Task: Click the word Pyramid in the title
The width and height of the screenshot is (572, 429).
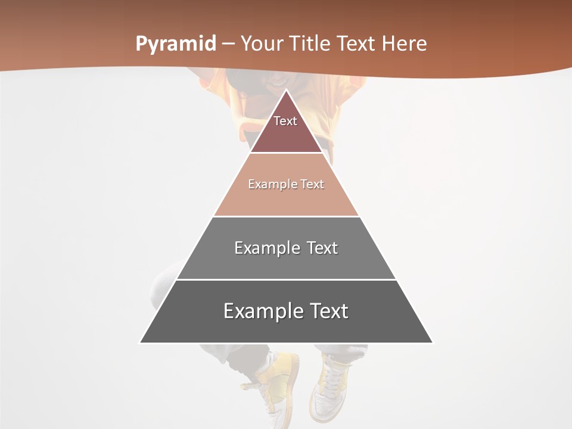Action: (175, 44)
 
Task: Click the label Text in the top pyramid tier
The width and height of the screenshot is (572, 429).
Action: (285, 121)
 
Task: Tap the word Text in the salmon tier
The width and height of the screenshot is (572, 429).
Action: (313, 185)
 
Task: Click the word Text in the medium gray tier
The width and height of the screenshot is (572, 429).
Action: (322, 248)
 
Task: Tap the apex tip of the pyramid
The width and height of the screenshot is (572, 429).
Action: (286, 91)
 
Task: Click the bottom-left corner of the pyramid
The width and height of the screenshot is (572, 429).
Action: (141, 343)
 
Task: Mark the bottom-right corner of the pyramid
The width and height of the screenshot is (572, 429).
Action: (432, 343)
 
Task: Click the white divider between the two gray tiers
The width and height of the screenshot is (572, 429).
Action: (286, 279)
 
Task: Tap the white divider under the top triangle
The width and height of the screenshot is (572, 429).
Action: (286, 153)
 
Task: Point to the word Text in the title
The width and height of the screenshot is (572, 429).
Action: (356, 43)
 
